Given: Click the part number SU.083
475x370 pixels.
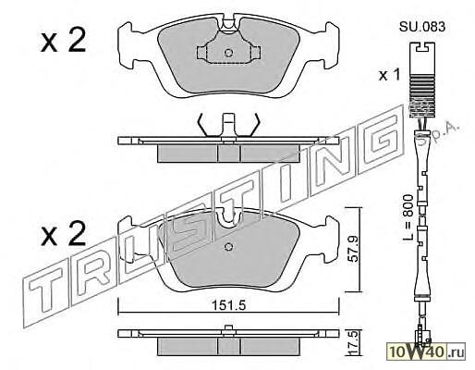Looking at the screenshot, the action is click(x=422, y=27).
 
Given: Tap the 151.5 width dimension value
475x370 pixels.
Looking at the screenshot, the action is click(x=228, y=305).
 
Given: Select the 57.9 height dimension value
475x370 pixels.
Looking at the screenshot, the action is click(x=354, y=249).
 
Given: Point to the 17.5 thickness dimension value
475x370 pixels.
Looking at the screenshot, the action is click(x=354, y=342).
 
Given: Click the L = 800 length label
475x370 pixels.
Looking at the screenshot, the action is click(x=408, y=217).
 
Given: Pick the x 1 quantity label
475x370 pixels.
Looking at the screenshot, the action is click(x=389, y=75).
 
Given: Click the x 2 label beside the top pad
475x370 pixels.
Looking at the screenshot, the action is click(x=63, y=41).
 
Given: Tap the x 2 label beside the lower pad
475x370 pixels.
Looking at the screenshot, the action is click(x=63, y=234).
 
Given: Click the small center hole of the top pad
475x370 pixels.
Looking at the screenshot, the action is click(x=228, y=53).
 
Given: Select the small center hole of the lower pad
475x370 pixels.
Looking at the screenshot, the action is click(x=228, y=247).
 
